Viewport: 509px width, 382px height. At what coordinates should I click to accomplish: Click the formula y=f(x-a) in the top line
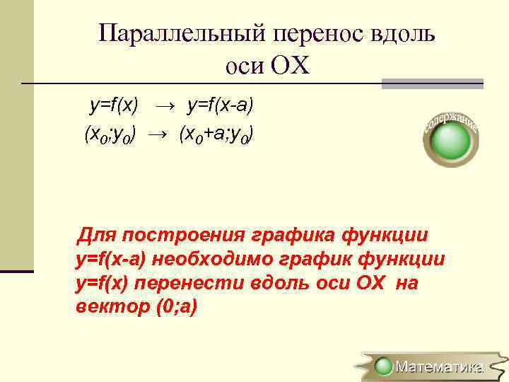point(220,105)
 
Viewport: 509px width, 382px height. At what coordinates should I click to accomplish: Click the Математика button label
point(439,366)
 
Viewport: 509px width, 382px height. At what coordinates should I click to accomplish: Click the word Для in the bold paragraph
point(97,235)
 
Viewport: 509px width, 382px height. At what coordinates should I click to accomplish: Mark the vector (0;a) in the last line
point(171,308)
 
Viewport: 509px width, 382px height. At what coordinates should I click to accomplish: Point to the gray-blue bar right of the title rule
point(432,83)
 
